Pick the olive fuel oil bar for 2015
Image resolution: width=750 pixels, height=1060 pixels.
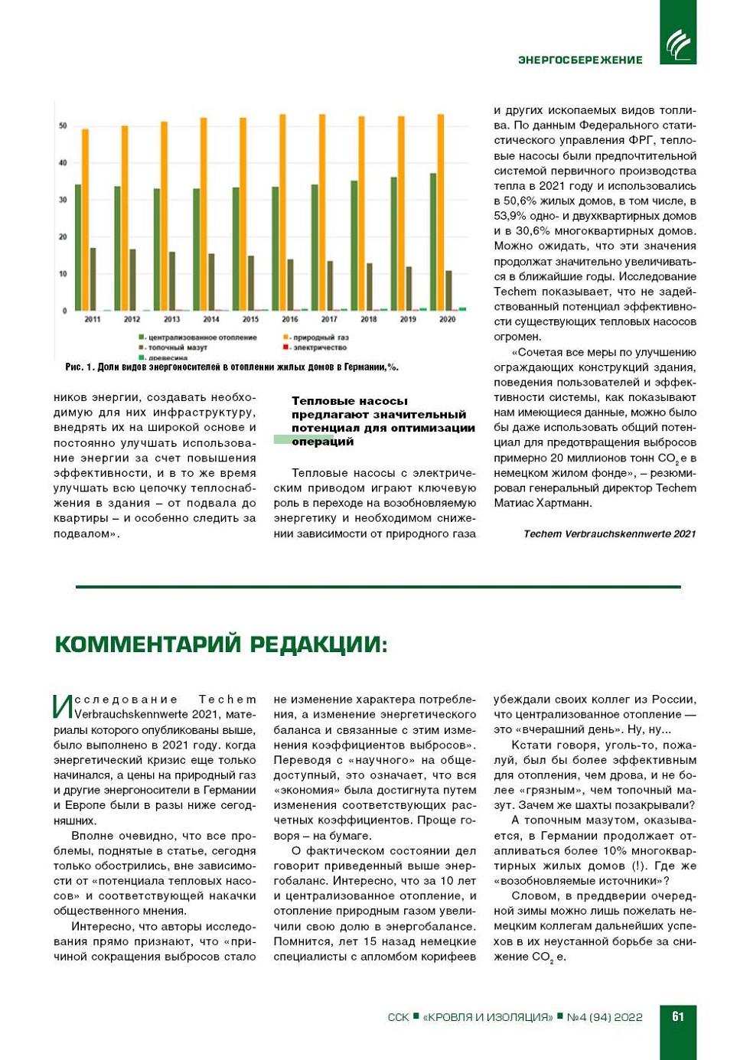tap(250, 282)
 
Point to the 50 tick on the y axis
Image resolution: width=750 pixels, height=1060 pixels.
tap(63, 126)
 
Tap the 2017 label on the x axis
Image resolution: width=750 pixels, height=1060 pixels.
tap(329, 319)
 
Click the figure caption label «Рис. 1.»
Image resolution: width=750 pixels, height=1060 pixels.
tap(80, 367)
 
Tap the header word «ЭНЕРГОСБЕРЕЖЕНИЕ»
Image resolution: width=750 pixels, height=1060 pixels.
tap(580, 60)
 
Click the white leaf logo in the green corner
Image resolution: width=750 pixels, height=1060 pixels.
tap(678, 44)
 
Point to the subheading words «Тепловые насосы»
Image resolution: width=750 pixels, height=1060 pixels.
tap(350, 401)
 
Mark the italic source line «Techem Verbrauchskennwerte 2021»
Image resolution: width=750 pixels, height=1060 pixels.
tap(609, 534)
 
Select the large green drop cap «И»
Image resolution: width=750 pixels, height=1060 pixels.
tap(63, 707)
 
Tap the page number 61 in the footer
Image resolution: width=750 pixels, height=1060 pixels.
tap(678, 1016)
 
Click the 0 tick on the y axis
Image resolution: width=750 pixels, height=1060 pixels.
tap(64, 311)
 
